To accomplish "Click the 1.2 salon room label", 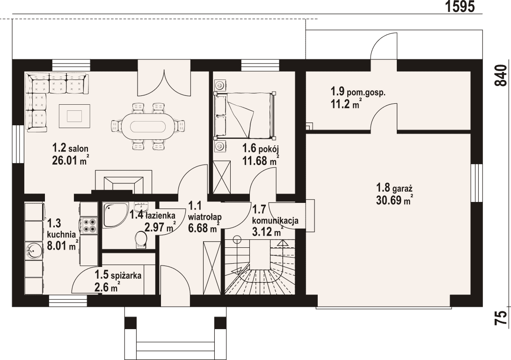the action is pos(70,148).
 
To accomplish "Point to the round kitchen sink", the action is pos(34,251).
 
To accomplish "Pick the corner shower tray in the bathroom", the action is pos(113,214).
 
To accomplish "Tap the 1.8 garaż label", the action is pos(394,188).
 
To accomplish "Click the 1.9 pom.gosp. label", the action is pos(358,92).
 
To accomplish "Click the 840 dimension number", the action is pos(501,75).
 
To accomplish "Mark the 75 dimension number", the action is pos(501,317).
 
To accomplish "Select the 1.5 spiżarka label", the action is pos(118,275).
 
